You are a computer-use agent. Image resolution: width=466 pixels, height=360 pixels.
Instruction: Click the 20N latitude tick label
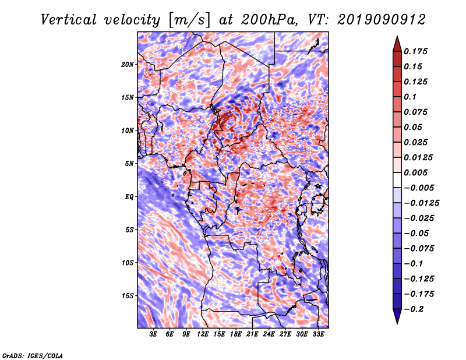[128, 65]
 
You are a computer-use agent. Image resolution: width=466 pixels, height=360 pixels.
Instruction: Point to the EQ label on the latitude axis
[129, 197]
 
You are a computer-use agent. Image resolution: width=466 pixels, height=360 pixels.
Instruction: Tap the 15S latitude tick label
[128, 296]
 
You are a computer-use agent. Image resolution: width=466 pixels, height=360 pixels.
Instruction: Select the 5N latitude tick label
[129, 164]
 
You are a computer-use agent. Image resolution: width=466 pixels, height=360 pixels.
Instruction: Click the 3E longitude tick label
[153, 334]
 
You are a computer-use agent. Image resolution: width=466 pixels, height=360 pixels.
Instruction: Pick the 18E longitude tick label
[236, 334]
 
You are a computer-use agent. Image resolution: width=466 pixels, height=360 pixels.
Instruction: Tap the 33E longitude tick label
[318, 334]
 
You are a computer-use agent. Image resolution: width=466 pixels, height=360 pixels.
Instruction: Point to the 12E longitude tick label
[203, 334]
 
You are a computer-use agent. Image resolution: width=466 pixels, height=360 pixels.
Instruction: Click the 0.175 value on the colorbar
[415, 51]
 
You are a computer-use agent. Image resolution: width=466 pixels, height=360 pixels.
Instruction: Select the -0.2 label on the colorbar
[414, 309]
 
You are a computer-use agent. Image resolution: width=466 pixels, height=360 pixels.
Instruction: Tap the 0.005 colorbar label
[415, 172]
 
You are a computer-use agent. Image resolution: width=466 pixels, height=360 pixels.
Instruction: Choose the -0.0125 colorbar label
[421, 203]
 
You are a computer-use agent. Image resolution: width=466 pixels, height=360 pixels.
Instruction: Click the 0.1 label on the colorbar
[410, 97]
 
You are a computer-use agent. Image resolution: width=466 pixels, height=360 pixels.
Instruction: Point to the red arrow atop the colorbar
[397, 44]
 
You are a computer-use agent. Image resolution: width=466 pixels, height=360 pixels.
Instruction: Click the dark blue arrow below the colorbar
[397, 316]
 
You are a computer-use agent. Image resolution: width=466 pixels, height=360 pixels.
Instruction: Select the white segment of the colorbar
[397, 180]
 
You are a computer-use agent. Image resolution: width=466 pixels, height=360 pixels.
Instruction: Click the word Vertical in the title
[69, 20]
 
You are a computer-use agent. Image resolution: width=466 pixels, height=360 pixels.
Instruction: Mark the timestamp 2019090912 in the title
[382, 20]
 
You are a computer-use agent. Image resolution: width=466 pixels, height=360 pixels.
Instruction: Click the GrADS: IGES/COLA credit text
[33, 356]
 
